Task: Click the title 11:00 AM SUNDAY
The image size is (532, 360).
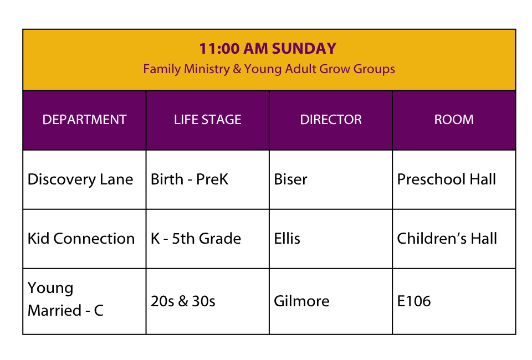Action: (268, 49)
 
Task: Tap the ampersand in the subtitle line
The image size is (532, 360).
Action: (237, 69)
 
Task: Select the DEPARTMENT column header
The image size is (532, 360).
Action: (84, 120)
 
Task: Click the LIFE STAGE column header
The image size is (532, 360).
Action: (208, 120)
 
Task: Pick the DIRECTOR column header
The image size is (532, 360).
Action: (331, 120)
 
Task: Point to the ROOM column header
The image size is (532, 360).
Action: (454, 120)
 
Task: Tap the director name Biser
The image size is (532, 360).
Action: (290, 179)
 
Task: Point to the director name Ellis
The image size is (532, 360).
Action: (287, 239)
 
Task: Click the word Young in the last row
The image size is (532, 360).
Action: (50, 289)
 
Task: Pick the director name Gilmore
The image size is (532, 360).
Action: (301, 301)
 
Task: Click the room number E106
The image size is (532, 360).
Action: (414, 301)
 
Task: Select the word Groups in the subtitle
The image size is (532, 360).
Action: (374, 69)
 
